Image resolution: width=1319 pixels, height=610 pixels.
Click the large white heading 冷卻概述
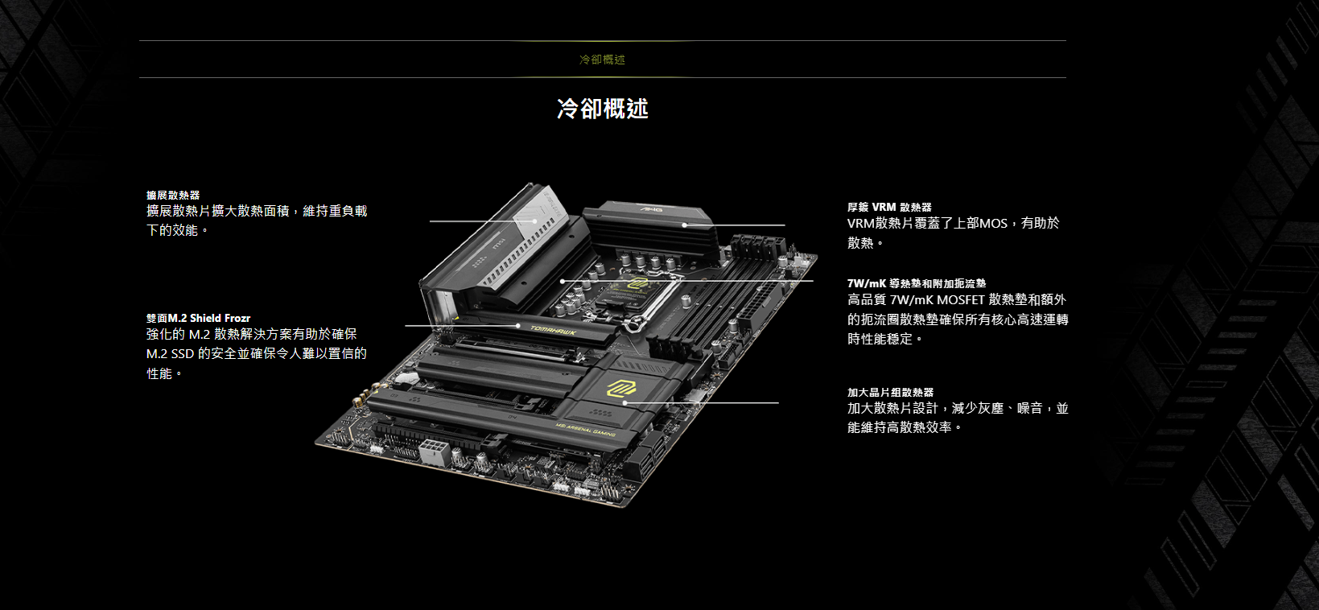[603, 109]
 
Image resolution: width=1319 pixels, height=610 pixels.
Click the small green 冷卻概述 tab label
[603, 60]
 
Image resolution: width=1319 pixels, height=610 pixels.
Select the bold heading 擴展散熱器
[173, 195]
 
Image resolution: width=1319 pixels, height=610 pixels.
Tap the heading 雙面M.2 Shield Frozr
[199, 318]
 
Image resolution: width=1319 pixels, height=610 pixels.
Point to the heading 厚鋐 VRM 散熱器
[889, 208]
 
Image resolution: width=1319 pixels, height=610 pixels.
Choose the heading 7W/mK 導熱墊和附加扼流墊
[917, 283]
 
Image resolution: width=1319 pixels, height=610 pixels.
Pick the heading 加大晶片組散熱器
[890, 392]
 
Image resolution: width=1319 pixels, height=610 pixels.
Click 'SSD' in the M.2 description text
[182, 354]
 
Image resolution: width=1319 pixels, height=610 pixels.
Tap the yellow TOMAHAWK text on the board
[554, 332]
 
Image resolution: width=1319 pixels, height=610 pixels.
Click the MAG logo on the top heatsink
[651, 209]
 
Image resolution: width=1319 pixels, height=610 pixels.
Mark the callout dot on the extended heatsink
[534, 221]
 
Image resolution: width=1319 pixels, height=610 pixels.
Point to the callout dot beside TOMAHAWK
[518, 326]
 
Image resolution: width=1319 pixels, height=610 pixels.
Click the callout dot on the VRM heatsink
[684, 225]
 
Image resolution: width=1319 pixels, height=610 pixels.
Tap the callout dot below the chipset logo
[624, 403]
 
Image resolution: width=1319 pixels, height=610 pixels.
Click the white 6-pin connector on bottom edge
[435, 452]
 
